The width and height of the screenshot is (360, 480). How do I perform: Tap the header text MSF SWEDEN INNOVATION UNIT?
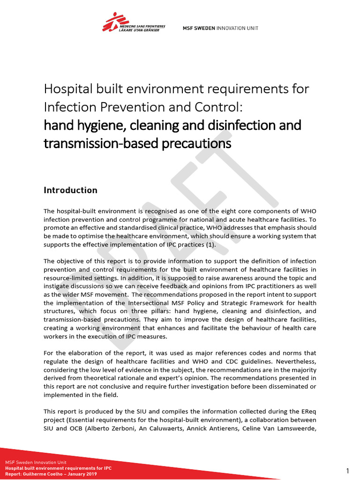[220, 28]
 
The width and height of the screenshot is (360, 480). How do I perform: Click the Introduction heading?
[70, 190]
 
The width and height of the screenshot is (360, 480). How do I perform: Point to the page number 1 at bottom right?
[348, 471]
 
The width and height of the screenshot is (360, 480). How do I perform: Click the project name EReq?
[307, 412]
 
